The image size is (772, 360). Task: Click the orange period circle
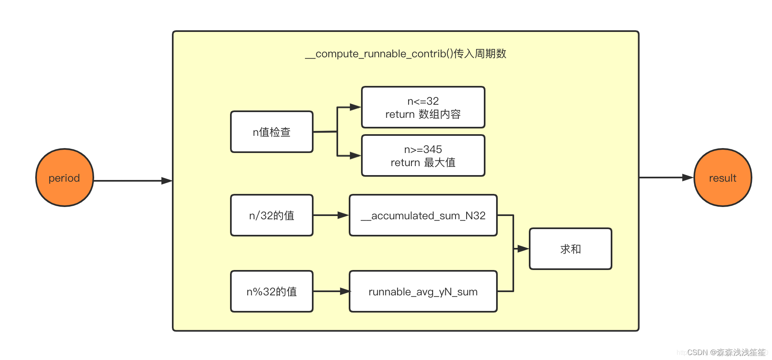pyautogui.click(x=64, y=178)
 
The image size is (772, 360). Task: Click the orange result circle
pyautogui.click(x=722, y=178)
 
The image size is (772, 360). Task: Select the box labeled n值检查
pyautogui.click(x=272, y=132)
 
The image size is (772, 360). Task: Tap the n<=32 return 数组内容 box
pyautogui.click(x=423, y=107)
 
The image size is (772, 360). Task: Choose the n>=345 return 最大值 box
pyautogui.click(x=423, y=155)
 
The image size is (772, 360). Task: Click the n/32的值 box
pyautogui.click(x=272, y=215)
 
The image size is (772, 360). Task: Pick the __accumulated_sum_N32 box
pyautogui.click(x=423, y=215)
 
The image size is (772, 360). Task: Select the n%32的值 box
pyautogui.click(x=272, y=291)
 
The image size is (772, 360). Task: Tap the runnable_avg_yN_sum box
pyautogui.click(x=423, y=291)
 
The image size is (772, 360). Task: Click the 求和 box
pyautogui.click(x=570, y=249)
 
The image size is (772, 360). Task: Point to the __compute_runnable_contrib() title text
pyautogui.click(x=406, y=54)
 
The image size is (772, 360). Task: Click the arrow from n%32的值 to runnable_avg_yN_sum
pyautogui.click(x=331, y=291)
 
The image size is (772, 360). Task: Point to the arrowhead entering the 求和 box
pyautogui.click(x=523, y=249)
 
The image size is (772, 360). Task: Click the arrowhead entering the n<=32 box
pyautogui.click(x=355, y=107)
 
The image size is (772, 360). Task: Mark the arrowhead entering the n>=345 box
pyautogui.click(x=355, y=155)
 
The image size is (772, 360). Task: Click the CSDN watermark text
pyautogui.click(x=726, y=352)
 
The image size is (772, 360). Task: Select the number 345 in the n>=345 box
pyautogui.click(x=433, y=149)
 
